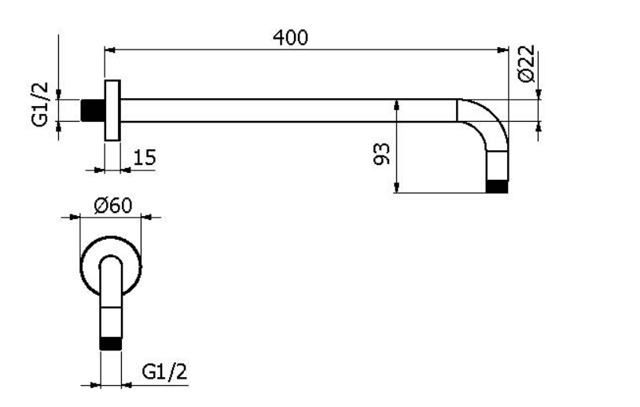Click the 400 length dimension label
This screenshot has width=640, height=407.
290,38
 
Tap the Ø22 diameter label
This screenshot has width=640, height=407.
526,64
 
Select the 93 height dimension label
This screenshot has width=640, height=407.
381,154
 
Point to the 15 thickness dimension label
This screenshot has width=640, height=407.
145,157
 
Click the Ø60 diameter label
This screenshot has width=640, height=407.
113,205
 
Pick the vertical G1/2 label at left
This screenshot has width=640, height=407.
40,104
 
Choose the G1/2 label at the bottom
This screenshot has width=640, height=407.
164,372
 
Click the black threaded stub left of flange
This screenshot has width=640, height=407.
93,110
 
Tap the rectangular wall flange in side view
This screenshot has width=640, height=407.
112,111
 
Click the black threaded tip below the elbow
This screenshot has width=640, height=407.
497,186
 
